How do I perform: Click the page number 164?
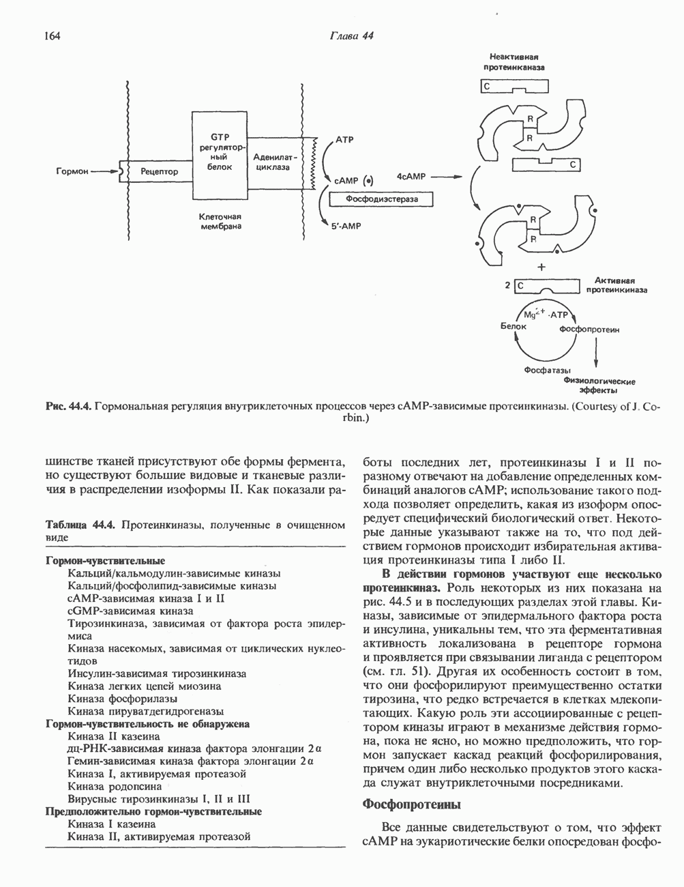[52, 36]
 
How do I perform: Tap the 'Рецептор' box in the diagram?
[159, 172]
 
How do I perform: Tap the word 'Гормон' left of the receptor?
[72, 172]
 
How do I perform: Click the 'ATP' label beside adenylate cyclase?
[344, 139]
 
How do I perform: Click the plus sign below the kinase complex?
[542, 267]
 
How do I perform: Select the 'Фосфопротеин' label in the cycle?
[589, 330]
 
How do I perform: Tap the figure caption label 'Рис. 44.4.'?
[68, 407]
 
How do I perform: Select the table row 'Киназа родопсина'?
[115, 786]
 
